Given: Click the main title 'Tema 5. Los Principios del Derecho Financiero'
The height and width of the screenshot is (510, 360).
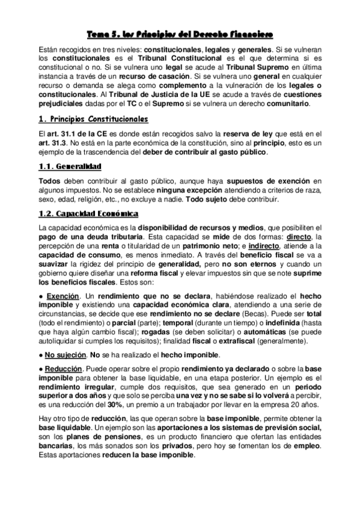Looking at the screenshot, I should pyautogui.click(x=180, y=34).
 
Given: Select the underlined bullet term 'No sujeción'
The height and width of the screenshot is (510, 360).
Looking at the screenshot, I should pyautogui.click(x=66, y=354).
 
